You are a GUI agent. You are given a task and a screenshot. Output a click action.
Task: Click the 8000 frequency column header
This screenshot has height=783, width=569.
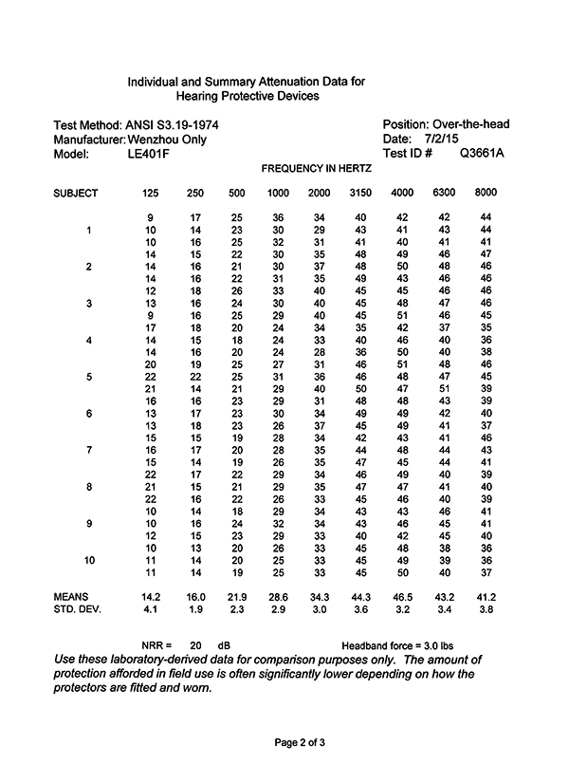point(486,193)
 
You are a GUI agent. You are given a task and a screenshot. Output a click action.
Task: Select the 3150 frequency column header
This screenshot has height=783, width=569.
point(360,193)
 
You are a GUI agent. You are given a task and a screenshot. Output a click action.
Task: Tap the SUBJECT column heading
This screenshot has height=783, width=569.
point(76,193)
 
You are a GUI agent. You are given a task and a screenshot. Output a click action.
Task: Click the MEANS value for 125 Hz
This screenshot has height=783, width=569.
point(150,596)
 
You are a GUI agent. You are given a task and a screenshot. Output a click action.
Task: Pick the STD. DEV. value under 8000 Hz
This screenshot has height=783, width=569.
point(486,608)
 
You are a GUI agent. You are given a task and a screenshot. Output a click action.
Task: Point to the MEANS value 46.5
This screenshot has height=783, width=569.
point(402,596)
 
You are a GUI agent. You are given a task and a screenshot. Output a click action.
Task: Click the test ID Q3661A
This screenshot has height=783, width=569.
point(482,153)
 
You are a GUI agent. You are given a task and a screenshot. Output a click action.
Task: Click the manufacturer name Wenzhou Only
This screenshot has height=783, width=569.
point(167,140)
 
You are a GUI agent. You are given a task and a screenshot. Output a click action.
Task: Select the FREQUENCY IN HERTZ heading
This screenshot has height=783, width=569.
point(316,168)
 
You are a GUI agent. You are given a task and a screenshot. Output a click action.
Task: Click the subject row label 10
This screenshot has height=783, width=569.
point(89,561)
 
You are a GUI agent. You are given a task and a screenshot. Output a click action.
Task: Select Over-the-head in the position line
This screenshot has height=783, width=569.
point(471,125)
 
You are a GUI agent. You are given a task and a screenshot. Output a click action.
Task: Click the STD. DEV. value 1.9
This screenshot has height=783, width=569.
point(194,608)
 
